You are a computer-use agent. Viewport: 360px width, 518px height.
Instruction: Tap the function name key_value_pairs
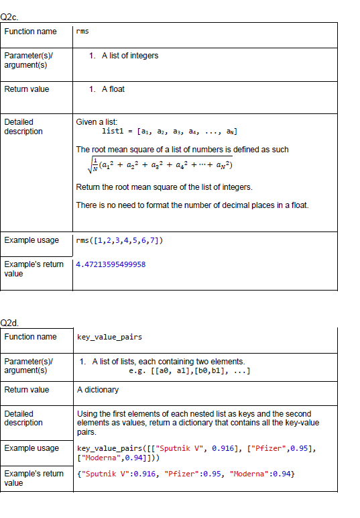(x=109, y=337)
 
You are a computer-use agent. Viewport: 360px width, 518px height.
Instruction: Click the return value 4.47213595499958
(x=111, y=264)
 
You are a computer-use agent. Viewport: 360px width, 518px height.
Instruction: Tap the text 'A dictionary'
(x=98, y=389)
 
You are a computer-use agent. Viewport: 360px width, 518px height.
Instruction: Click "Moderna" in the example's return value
(x=250, y=474)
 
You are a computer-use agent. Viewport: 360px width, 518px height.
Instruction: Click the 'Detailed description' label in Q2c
(x=23, y=127)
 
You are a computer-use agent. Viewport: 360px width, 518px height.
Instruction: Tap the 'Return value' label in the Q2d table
(x=27, y=389)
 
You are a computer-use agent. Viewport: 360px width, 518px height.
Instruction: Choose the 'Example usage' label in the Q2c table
(x=31, y=240)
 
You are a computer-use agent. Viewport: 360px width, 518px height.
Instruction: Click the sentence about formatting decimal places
(x=192, y=205)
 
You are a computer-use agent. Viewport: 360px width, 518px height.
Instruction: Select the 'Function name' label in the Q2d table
(x=30, y=337)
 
